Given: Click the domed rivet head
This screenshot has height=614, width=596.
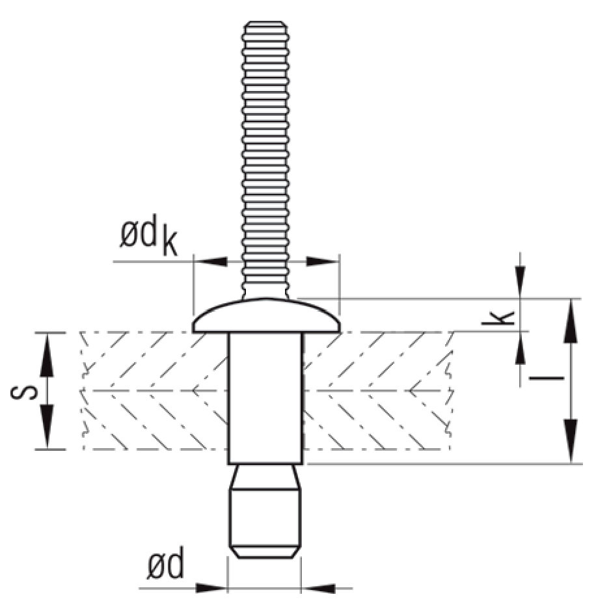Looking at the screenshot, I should tap(266, 315).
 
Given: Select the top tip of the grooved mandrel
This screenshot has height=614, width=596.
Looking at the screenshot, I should tap(265, 25).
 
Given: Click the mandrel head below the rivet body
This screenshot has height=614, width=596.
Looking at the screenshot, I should tap(265, 520).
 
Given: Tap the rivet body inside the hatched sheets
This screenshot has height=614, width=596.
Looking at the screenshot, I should tap(265, 397).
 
